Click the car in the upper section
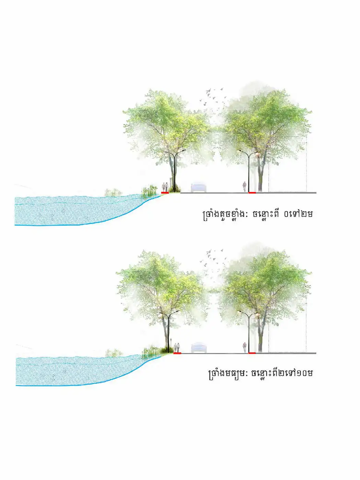click(198, 188)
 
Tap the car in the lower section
click(199, 348)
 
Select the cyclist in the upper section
click(244, 187)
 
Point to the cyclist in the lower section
click(244, 347)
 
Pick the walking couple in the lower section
click(177, 348)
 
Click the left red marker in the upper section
click(165, 193)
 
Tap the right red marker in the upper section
click(252, 193)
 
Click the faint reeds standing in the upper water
click(113, 192)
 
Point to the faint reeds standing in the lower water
click(114, 353)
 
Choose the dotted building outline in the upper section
click(288, 164)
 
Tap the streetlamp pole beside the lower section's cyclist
click(249, 332)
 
